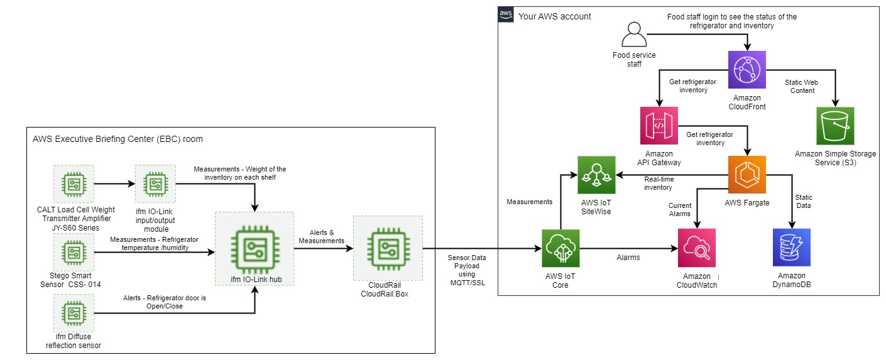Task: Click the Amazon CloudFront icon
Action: [x=747, y=70]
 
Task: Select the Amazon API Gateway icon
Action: [x=659, y=126]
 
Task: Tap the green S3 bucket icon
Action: [x=835, y=126]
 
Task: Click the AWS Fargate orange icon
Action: [x=747, y=174]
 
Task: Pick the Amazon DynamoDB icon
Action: [x=792, y=248]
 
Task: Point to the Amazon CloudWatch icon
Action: [x=697, y=248]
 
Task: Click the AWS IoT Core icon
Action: [x=560, y=248]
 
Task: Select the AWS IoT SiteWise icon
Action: [x=596, y=175]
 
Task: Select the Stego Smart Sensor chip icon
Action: [x=74, y=253]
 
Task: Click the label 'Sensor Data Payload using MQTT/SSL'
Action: [x=466, y=270]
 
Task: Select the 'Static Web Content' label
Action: [x=799, y=86]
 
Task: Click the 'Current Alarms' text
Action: [x=679, y=209]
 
